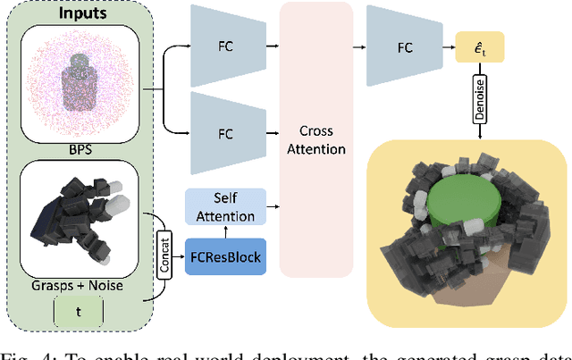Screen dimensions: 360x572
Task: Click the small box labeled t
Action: [78, 311]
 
